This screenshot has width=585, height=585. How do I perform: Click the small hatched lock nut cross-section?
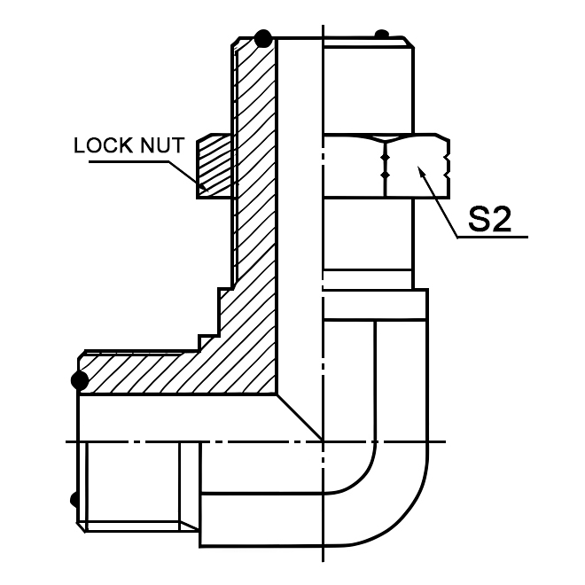click(x=214, y=164)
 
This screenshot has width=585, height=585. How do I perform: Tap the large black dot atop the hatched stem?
click(x=262, y=38)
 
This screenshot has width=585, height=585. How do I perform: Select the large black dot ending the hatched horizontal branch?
click(x=80, y=381)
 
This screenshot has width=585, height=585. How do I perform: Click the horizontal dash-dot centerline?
click(x=266, y=441)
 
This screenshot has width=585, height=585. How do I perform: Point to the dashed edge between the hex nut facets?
click(x=386, y=165)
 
